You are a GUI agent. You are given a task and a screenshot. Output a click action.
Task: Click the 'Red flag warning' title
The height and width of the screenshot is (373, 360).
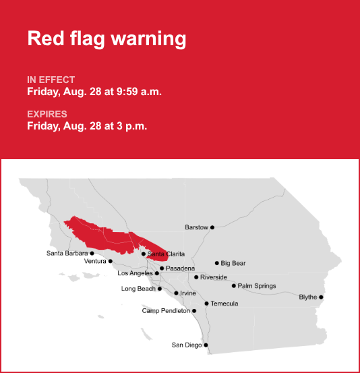pyautogui.click(x=107, y=38)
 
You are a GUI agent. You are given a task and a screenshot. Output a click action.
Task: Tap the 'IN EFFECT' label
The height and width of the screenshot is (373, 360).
pyautogui.click(x=51, y=80)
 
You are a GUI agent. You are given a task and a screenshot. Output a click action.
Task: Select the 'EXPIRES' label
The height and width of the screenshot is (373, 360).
pyautogui.click(x=47, y=114)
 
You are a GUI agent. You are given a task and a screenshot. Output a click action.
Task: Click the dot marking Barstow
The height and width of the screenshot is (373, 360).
pyautogui.click(x=212, y=227)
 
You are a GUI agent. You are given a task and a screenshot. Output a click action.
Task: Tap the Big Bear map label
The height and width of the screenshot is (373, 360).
pyautogui.click(x=233, y=263)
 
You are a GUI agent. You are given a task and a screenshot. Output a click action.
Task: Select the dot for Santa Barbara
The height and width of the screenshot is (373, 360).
pyautogui.click(x=92, y=254)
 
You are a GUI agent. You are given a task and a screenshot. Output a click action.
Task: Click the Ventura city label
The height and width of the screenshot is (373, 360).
pyautogui.click(x=95, y=261)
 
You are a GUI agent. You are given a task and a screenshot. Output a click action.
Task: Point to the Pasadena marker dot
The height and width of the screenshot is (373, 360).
pyautogui.click(x=162, y=268)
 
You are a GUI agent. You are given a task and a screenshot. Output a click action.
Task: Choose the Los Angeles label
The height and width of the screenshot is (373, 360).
pyautogui.click(x=135, y=273)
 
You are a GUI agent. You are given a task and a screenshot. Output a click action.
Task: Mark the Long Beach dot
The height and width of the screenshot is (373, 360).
pyautogui.click(x=160, y=289)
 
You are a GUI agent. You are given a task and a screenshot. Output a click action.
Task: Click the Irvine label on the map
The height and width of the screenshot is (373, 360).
pyautogui.click(x=188, y=293)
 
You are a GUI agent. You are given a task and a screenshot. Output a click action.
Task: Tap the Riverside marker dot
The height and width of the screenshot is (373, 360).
pyautogui.click(x=196, y=277)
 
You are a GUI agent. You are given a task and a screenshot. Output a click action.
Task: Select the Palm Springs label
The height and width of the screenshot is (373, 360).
pyautogui.click(x=257, y=286)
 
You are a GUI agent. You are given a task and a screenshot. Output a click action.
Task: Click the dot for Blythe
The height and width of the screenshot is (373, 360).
pyautogui.click(x=321, y=297)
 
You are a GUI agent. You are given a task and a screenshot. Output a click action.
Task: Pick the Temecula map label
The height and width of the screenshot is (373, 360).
pyautogui.click(x=224, y=304)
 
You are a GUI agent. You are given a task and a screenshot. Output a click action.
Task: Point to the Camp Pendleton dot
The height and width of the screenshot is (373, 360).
pyautogui.click(x=194, y=311)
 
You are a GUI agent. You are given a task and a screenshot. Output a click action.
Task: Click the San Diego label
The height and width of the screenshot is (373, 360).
pyautogui.click(x=187, y=345)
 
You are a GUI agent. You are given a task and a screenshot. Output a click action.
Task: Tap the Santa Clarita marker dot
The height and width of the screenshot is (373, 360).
pyautogui.click(x=144, y=254)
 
